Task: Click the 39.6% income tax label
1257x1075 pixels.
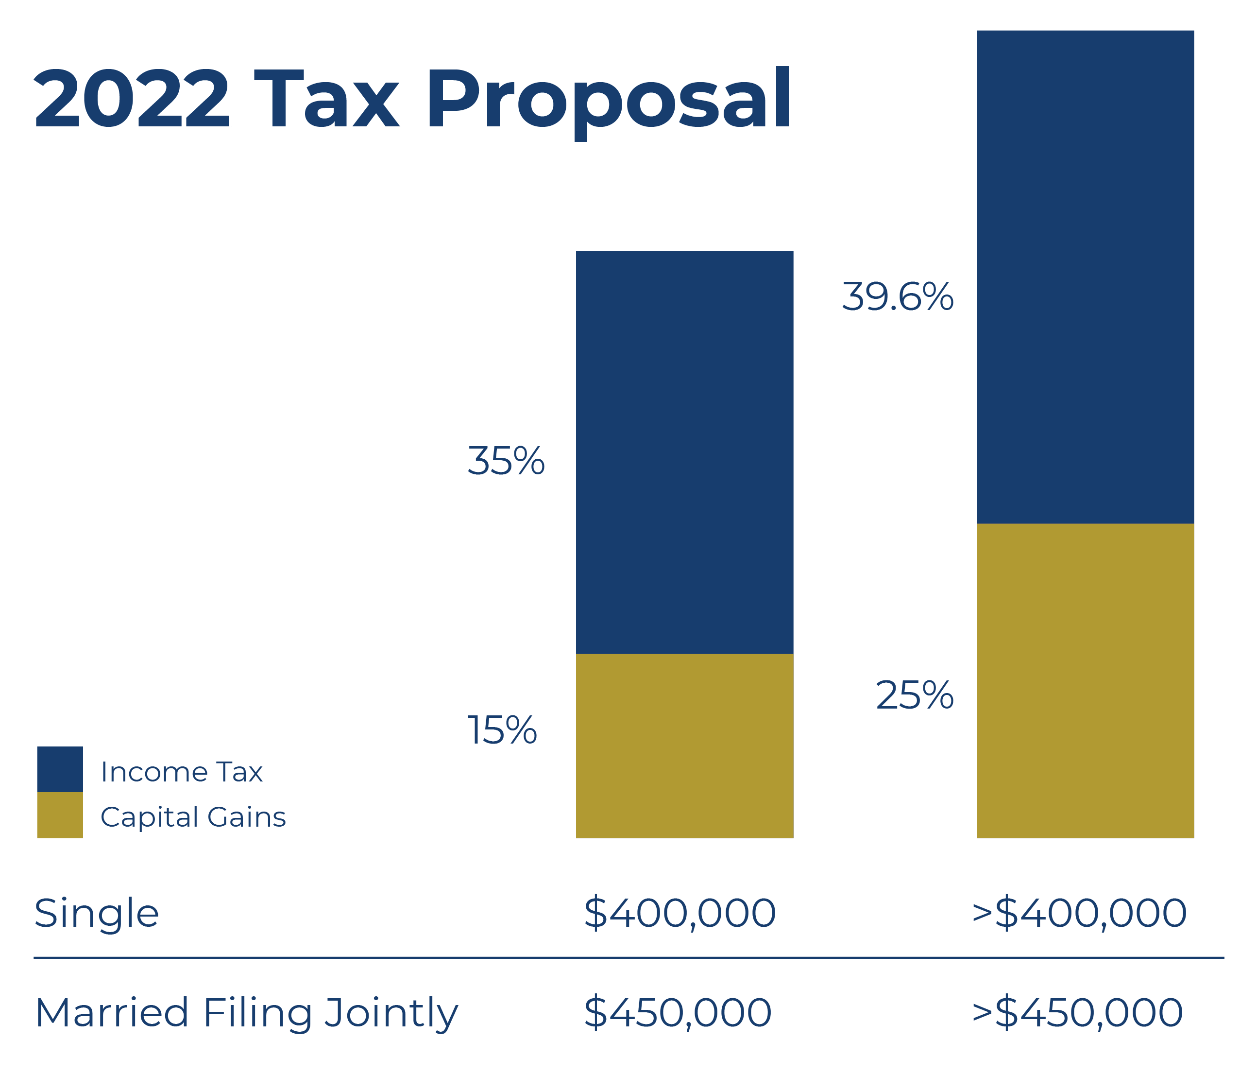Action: pos(897,297)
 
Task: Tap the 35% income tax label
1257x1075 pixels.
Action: pos(506,461)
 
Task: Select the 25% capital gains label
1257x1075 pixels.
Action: pos(914,695)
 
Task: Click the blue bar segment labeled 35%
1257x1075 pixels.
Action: pos(684,452)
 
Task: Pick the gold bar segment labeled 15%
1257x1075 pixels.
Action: pos(684,746)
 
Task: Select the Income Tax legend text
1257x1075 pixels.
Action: pos(181,772)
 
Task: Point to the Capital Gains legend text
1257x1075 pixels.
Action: pos(193,817)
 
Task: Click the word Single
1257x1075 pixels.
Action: pos(97,914)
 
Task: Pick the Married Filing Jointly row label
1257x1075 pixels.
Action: pos(246,1013)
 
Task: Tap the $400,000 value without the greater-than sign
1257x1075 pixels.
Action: pos(679,913)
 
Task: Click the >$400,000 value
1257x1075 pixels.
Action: pos(1079,913)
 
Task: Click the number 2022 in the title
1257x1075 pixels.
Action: pos(132,99)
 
